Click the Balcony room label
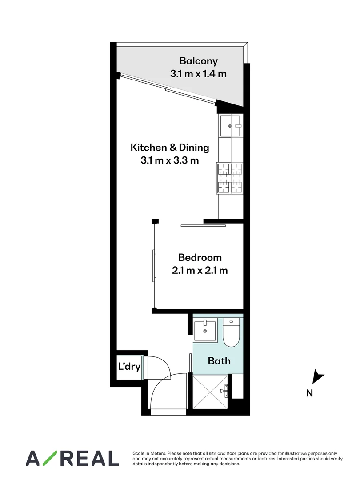198,61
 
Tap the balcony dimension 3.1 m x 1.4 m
198,74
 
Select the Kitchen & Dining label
169,147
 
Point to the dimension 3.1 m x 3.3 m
169,160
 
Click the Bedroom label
200,257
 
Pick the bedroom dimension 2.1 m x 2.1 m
200,270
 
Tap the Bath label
219,360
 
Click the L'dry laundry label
129,367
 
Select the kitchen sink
231,126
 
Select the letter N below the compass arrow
310,393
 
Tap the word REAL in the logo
92,458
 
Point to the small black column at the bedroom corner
155,221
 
